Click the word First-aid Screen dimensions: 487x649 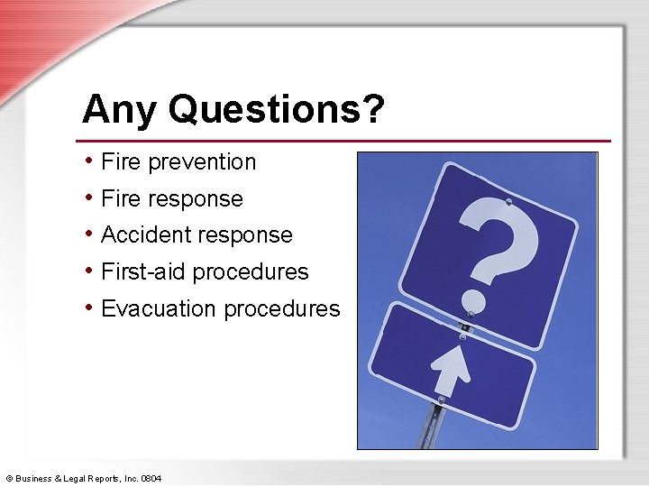click(143, 271)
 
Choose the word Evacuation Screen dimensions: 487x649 click(159, 308)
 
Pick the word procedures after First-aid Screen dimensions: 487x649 click(250, 272)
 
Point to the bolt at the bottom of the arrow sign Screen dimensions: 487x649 click(441, 400)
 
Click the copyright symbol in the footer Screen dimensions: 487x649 click(9, 478)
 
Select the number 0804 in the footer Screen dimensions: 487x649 click(151, 478)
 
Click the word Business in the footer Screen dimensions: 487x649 click(34, 478)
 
